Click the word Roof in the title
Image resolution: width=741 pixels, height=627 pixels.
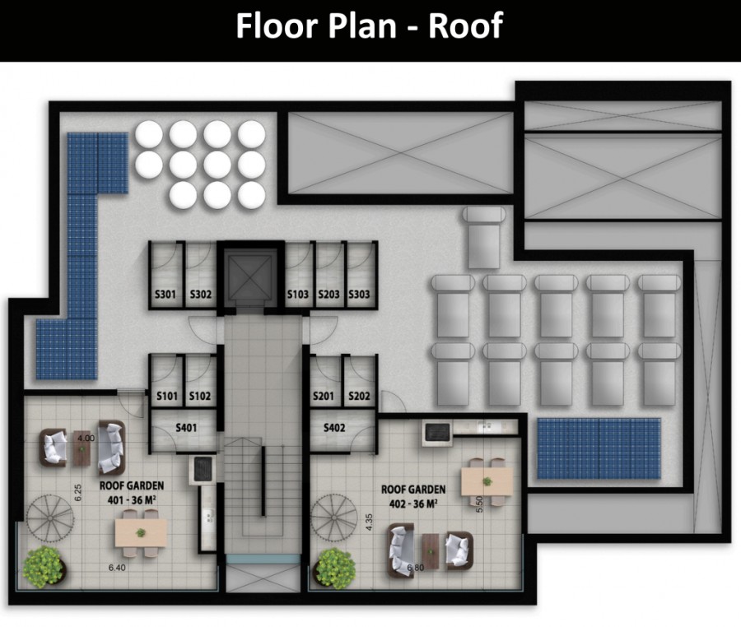click(465, 26)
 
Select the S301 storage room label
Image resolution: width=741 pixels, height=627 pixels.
click(165, 295)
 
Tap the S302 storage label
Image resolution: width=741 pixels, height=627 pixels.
click(201, 295)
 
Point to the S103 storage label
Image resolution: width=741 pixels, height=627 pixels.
click(298, 295)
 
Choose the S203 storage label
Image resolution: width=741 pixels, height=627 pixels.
click(329, 295)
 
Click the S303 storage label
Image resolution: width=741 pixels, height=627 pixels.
click(359, 295)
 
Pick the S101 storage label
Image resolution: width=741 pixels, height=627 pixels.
click(167, 396)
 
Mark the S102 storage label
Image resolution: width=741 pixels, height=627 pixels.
click(200, 396)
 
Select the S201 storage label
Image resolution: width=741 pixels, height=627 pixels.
click(324, 396)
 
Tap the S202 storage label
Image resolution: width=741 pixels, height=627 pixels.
click(359, 396)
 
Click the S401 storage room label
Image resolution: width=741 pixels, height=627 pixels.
click(186, 428)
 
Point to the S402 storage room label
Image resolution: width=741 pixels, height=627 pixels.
click(334, 428)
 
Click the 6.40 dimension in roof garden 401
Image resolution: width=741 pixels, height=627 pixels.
click(117, 568)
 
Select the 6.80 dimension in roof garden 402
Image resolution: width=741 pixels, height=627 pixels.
click(416, 568)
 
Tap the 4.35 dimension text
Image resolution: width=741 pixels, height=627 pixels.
click(370, 522)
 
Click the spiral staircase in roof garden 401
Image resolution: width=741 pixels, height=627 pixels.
click(50, 518)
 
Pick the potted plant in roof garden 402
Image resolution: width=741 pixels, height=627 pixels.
click(336, 567)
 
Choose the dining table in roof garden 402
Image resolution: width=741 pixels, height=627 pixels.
click(487, 481)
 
